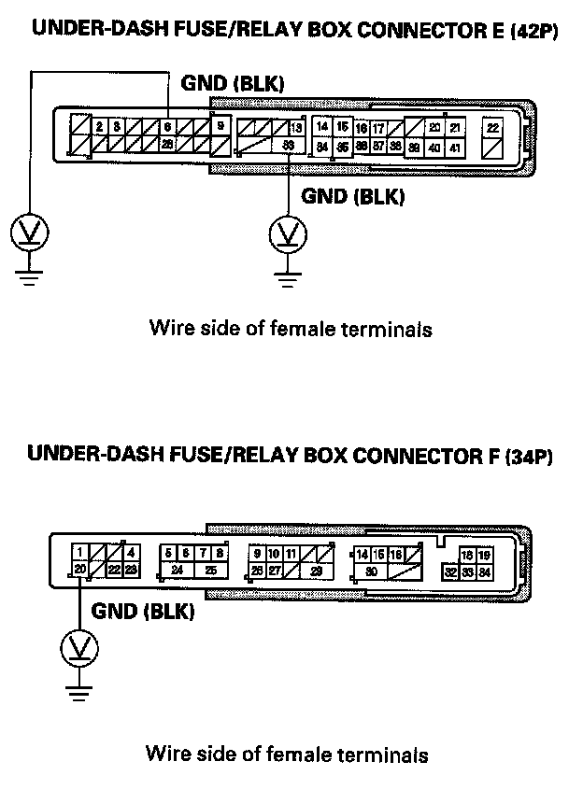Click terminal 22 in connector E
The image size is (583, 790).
492,128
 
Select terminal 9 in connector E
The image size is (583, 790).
220,126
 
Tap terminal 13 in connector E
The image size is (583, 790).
295,127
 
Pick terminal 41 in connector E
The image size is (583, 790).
454,147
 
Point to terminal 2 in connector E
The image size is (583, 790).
98,126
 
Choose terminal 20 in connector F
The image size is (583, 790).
80,570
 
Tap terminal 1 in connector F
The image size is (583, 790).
81,553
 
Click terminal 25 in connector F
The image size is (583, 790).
211,570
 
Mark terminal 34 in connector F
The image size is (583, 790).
484,571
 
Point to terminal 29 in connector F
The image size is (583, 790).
316,570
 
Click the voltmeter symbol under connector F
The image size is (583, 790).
80,647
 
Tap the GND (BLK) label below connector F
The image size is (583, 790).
142,612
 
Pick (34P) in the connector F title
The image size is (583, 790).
529,458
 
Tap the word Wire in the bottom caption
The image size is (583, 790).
164,754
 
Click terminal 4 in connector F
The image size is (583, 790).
131,553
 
